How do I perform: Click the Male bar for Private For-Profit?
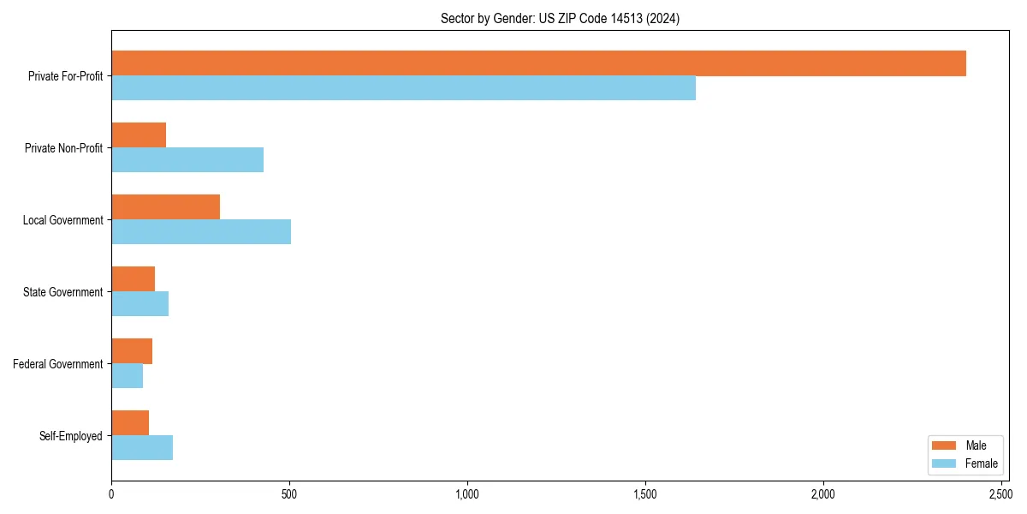point(538,63)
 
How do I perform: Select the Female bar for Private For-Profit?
point(403,88)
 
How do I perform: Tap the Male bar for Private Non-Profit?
point(139,135)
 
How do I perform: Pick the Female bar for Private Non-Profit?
point(187,160)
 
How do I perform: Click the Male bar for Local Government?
point(165,207)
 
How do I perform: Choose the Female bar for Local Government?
point(201,232)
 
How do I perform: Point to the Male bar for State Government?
point(133,279)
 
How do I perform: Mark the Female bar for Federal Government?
point(127,376)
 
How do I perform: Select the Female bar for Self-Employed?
point(142,448)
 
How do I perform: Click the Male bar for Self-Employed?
point(130,423)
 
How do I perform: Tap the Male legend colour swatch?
point(943,445)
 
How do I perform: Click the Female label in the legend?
point(981,463)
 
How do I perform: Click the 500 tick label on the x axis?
point(289,494)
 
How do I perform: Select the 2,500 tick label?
point(1000,494)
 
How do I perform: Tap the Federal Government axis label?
point(58,364)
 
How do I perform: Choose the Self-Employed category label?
point(71,436)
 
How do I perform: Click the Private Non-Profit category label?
point(65,148)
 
